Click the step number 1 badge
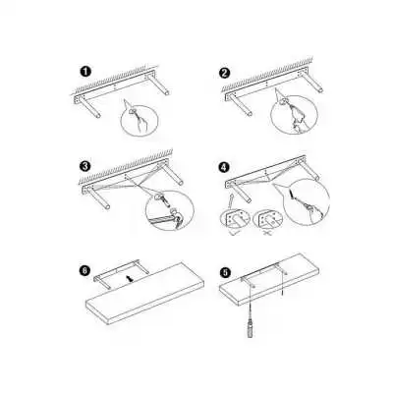pyautogui.click(x=85, y=72)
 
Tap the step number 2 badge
pyautogui.click(x=224, y=73)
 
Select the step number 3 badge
pyautogui.click(x=85, y=166)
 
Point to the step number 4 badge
pyautogui.click(x=224, y=167)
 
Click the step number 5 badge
pyautogui.click(x=226, y=272)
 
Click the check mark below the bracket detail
pyautogui.click(x=235, y=232)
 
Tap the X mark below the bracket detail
pyautogui.click(x=267, y=233)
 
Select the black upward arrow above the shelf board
pyautogui.click(x=131, y=279)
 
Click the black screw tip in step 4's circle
pyautogui.click(x=291, y=196)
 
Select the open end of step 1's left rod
pyautogui.click(x=98, y=116)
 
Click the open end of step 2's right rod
pyautogui.click(x=320, y=90)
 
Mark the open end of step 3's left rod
pyautogui.click(x=107, y=206)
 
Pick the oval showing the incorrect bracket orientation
pyautogui.click(x=267, y=218)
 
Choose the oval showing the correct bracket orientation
pyautogui.click(x=234, y=218)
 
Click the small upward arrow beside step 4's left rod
pyautogui.click(x=231, y=199)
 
